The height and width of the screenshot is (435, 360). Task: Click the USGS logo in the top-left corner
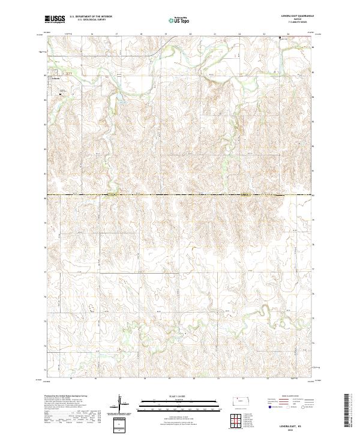pos(55,19)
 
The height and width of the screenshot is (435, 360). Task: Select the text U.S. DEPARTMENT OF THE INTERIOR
pos(91,17)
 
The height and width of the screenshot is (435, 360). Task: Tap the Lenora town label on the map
pos(55,78)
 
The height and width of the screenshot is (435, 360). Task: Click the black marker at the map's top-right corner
pos(279,38)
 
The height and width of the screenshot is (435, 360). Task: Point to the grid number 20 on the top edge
pos(190,35)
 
